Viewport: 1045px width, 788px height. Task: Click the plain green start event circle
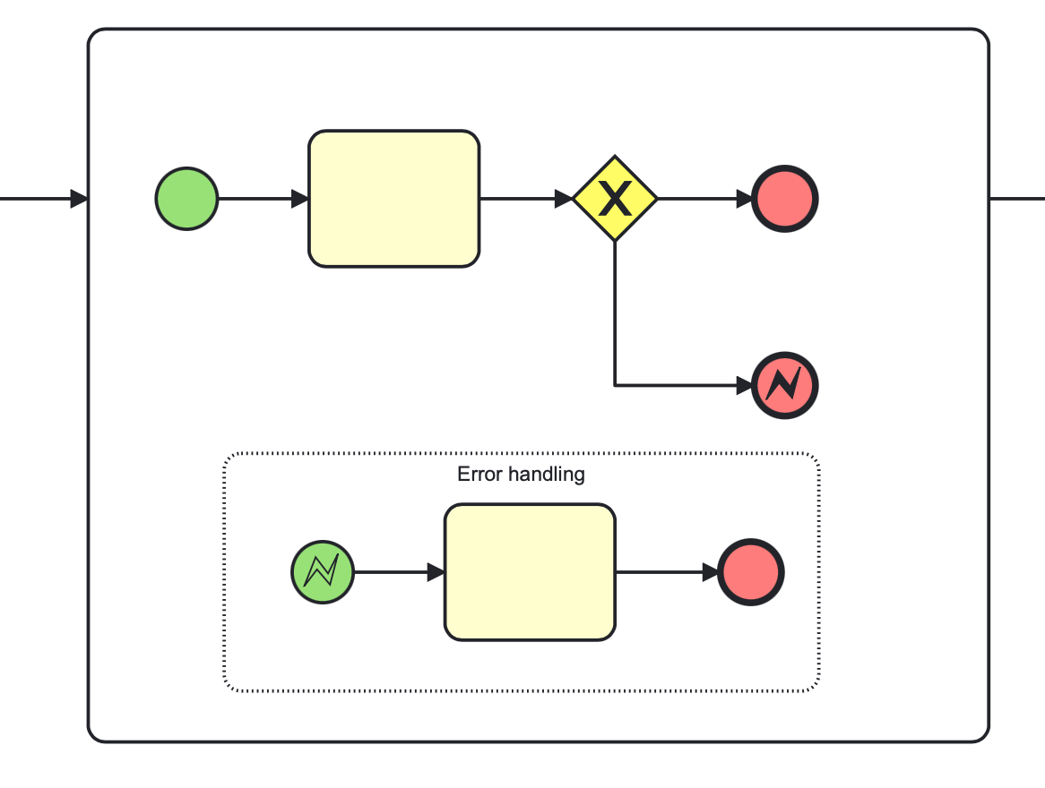[x=186, y=199]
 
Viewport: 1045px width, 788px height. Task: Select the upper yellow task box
[x=394, y=199]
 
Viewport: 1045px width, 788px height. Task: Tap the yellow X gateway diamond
[x=615, y=199]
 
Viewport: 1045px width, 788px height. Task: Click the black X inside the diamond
[x=615, y=199]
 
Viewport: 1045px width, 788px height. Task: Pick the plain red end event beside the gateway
[x=785, y=199]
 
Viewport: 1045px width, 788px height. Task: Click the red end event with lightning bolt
[x=785, y=386]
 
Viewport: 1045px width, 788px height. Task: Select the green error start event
[x=323, y=572]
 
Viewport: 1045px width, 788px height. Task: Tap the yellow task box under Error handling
[x=530, y=572]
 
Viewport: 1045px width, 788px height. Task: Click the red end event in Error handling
[x=751, y=572]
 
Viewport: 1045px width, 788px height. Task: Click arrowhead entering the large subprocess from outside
[x=80, y=199]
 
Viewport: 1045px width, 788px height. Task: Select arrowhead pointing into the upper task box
[x=300, y=199]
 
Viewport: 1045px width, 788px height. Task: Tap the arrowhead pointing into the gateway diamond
[x=564, y=199]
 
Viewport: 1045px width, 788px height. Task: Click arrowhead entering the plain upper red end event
[x=744, y=199]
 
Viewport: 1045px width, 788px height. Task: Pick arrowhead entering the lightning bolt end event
[x=744, y=386]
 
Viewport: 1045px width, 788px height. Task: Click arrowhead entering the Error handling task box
[x=436, y=572]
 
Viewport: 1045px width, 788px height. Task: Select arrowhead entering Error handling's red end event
[x=710, y=572]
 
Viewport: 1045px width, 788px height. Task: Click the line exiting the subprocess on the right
[x=1017, y=199]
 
